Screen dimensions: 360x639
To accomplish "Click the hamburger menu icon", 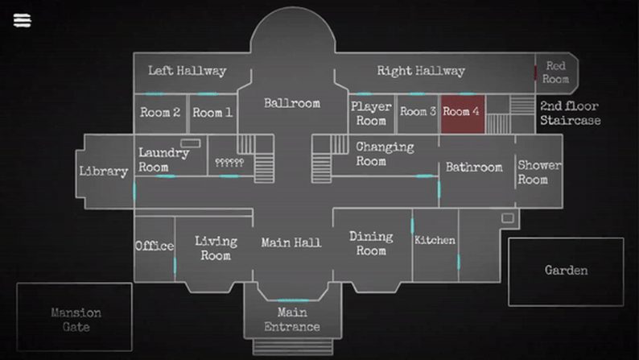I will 22,20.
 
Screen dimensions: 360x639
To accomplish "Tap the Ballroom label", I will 291,103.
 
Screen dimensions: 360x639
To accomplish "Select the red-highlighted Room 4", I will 461,113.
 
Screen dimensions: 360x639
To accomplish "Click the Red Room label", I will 556,72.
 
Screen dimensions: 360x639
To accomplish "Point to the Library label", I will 103,171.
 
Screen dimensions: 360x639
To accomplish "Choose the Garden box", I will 566,271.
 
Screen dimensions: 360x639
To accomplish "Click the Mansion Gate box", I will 76,320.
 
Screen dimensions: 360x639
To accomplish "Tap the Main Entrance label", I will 292,319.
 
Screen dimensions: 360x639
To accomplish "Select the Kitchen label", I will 435,240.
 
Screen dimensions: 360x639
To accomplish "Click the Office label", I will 155,246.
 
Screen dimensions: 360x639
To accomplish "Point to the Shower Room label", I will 539,172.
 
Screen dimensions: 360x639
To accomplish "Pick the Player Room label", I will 371,113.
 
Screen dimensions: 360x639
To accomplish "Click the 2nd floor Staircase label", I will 570,113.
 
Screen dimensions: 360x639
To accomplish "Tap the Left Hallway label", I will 187,71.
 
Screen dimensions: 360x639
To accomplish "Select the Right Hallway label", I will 421,71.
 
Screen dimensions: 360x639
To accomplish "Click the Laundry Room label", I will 164,159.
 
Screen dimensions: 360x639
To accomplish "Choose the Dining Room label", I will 371,242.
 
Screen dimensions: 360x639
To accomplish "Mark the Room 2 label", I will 160,113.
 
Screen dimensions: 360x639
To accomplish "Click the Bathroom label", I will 474,167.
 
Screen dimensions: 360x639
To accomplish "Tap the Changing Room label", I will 385,154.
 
